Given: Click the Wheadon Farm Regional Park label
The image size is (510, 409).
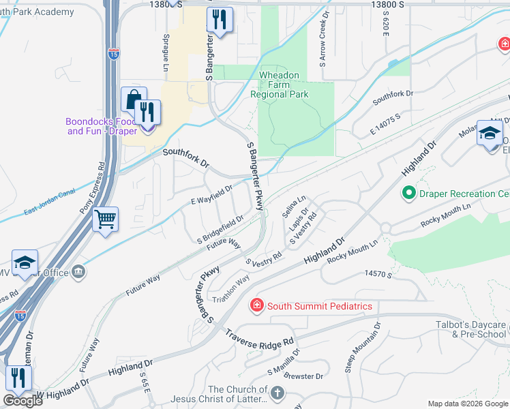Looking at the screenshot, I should pos(284,85).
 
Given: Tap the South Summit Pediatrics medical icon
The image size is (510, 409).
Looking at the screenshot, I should pos(256,306).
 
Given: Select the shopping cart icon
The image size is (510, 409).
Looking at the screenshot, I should pos(105,220).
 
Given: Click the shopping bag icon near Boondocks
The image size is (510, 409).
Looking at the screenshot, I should pos(134,100).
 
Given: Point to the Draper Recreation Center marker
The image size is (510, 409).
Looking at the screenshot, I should pos(409,194).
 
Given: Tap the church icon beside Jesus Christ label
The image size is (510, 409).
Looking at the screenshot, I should pos(276,393).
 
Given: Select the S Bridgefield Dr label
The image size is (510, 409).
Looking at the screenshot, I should pos(220,230).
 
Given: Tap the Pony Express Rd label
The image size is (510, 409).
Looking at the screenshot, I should pos(92,188).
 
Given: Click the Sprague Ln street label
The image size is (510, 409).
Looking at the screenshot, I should pos(165,52).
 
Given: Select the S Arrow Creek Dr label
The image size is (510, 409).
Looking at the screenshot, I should pos(324,38).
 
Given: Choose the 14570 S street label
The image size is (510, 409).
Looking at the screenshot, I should pos(380,273).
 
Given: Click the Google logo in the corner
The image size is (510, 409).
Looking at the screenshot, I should pos(22,401).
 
